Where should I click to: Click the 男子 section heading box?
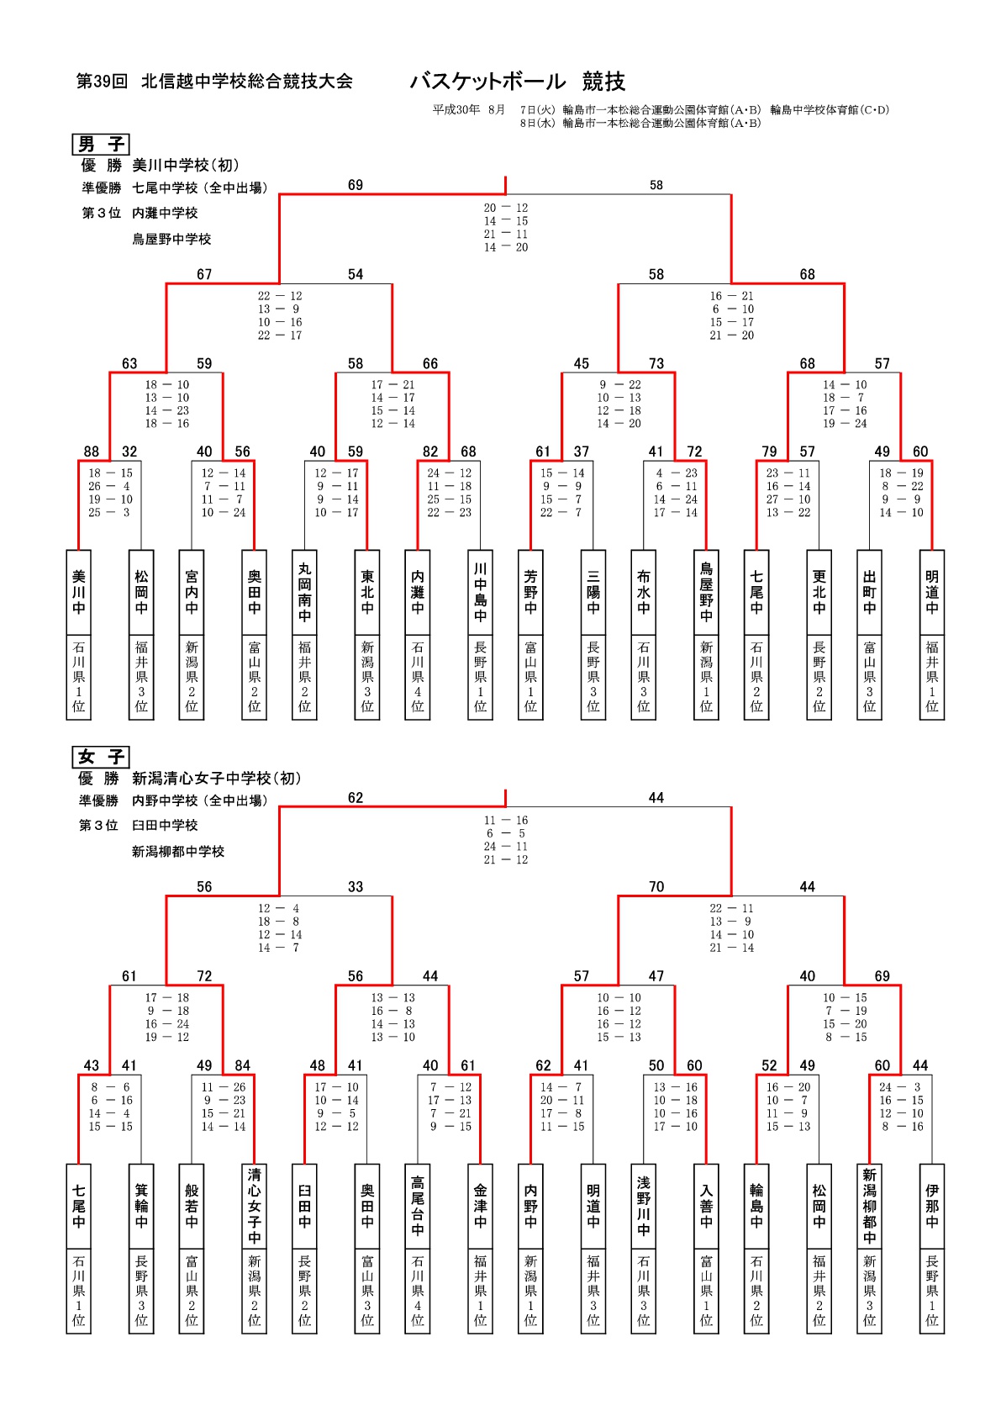coord(100,145)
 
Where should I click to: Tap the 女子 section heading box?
coord(100,757)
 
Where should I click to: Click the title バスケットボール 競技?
coord(517,82)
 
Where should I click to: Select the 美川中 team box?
coord(79,592)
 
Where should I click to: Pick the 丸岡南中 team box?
coord(305,592)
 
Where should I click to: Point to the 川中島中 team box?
coord(481,592)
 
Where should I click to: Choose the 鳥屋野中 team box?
coord(706,592)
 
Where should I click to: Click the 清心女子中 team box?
coord(255,1206)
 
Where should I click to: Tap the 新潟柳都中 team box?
coord(869,1206)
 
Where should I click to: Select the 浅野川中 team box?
coord(644,1206)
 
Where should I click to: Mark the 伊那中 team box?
coord(932,1206)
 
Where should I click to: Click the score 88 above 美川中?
coord(91,452)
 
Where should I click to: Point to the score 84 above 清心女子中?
coord(243,1065)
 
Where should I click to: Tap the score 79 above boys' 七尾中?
coord(769,452)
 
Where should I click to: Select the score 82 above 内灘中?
coord(430,452)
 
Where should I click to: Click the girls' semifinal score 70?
coord(656,887)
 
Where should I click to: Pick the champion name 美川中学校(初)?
coord(186,166)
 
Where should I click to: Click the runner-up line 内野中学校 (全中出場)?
coord(199,800)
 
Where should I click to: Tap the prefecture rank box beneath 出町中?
coord(869,677)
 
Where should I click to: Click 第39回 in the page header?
coord(102,82)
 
